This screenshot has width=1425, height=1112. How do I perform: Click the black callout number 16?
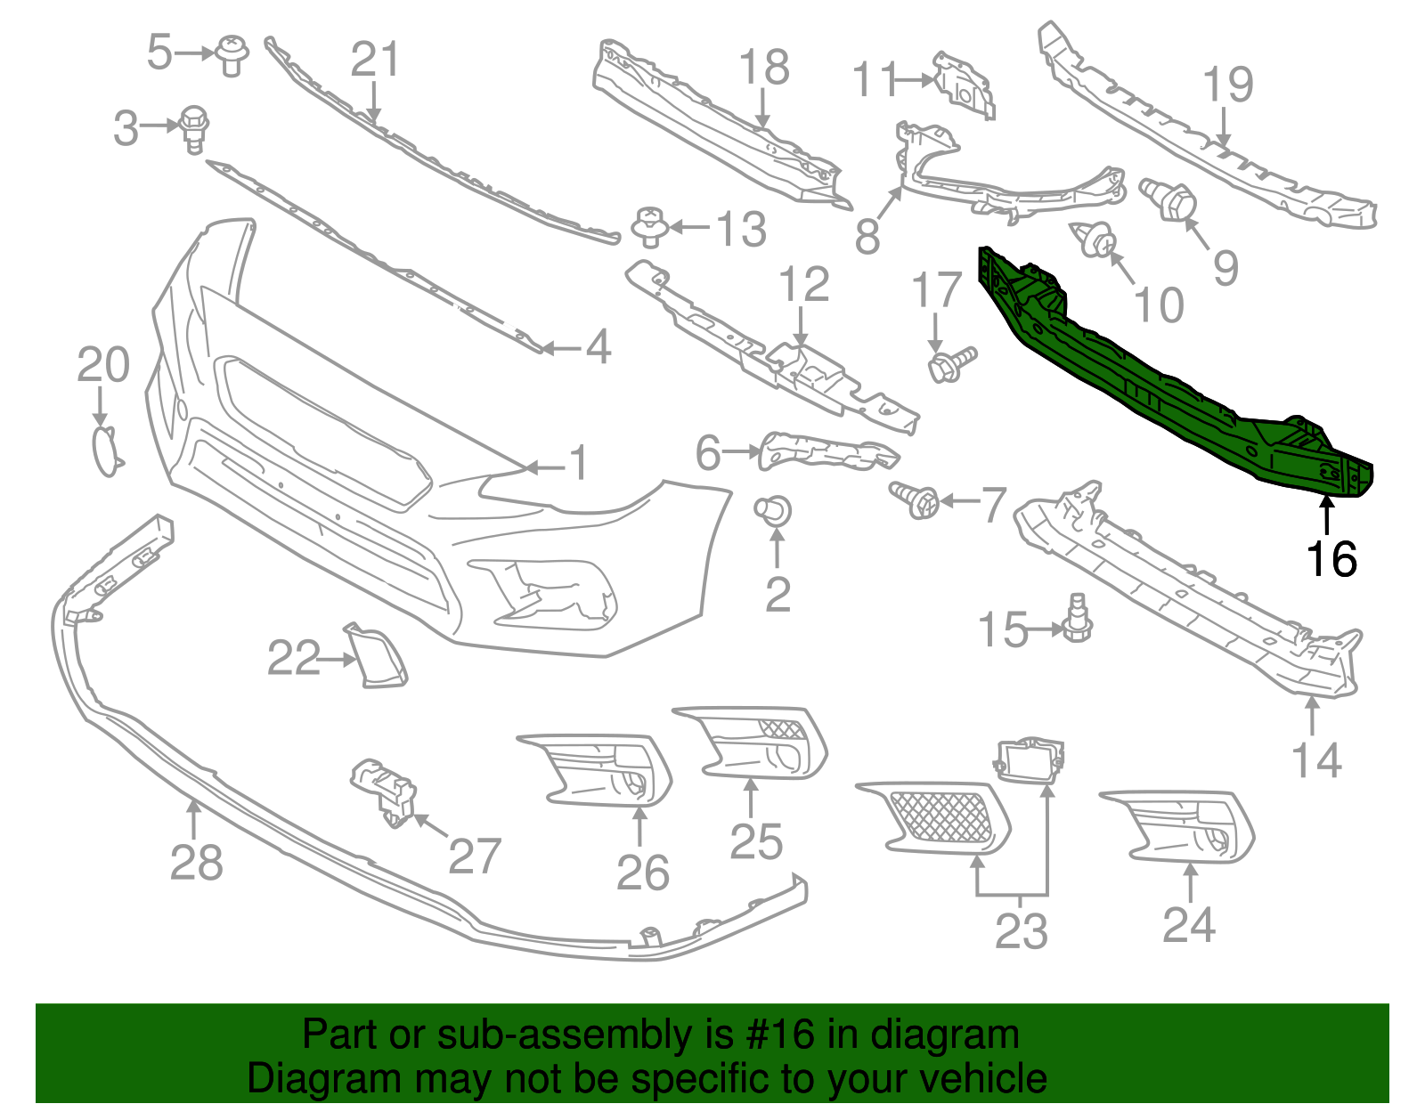[x=1331, y=559]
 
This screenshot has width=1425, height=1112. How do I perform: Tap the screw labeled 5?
[x=232, y=55]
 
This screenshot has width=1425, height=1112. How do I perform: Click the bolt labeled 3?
[x=194, y=127]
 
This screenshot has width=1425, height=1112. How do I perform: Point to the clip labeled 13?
[x=650, y=226]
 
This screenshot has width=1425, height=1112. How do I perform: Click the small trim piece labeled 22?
[x=378, y=656]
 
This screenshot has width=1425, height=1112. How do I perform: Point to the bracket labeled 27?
[x=386, y=791]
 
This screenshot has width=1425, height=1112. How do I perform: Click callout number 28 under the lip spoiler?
[x=196, y=862]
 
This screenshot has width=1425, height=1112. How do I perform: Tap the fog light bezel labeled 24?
[x=1180, y=825]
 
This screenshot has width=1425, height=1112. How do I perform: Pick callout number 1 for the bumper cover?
[x=579, y=463]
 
